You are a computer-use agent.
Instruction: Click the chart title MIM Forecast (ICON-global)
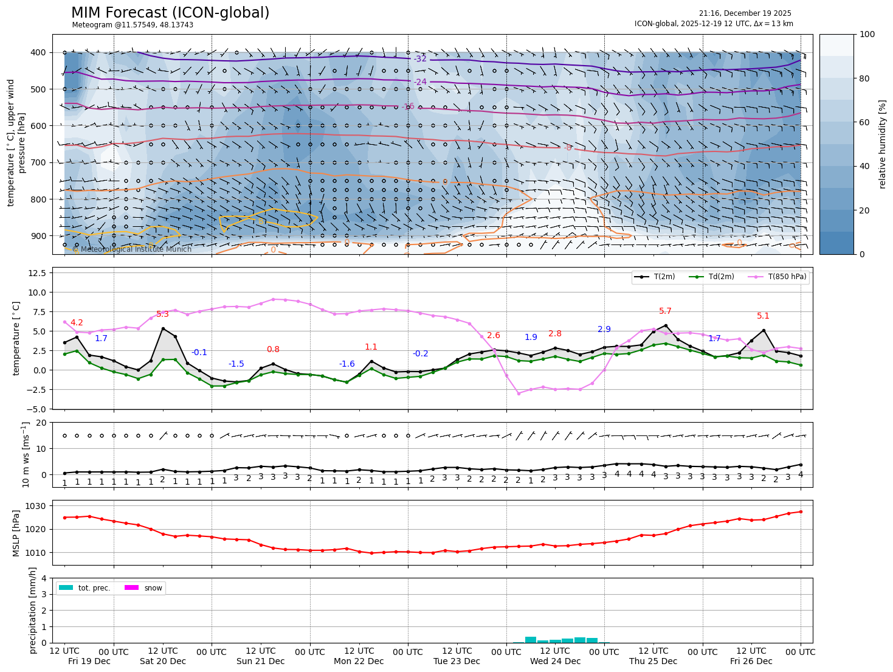pyautogui.click(x=170, y=13)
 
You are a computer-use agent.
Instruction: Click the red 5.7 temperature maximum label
pyautogui.click(x=665, y=311)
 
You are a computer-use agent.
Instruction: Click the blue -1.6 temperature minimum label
pyautogui.click(x=347, y=364)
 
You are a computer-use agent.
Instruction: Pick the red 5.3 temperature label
pyautogui.click(x=162, y=314)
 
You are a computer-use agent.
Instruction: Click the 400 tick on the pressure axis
pyautogui.click(x=38, y=52)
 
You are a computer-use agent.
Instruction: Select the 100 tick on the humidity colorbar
pyautogui.click(x=867, y=35)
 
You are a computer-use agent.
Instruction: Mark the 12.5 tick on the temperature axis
pyautogui.click(x=38, y=273)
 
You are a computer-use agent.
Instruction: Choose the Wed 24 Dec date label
pyautogui.click(x=555, y=661)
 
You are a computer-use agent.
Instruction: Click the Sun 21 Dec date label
pyautogui.click(x=261, y=661)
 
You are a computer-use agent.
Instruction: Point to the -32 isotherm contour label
pyautogui.click(x=420, y=59)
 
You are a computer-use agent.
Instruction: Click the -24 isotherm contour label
pyautogui.click(x=420, y=82)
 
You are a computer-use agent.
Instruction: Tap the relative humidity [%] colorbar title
pyautogui.click(x=882, y=144)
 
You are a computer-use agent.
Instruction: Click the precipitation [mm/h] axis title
pyautogui.click(x=33, y=610)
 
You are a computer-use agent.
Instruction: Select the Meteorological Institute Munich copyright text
pyautogui.click(x=132, y=249)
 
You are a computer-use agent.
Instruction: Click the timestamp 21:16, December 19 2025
pyautogui.click(x=745, y=13)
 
